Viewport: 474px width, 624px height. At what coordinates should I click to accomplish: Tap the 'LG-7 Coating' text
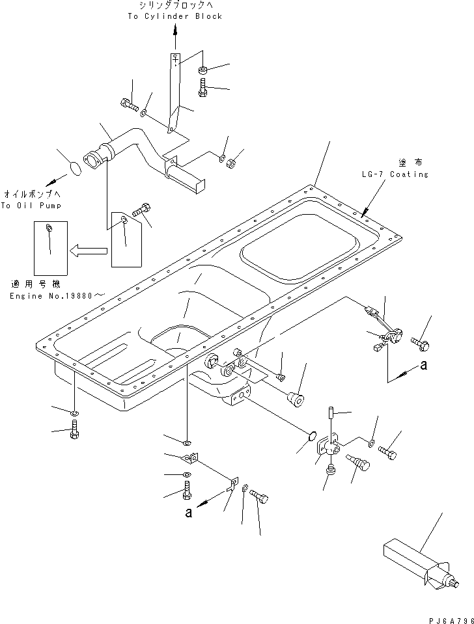point(396,174)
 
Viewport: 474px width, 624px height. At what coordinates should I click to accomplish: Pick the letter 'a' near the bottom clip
point(188,513)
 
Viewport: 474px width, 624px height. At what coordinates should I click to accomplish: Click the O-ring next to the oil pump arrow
point(75,169)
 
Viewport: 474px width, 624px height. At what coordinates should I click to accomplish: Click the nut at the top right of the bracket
point(203,70)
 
